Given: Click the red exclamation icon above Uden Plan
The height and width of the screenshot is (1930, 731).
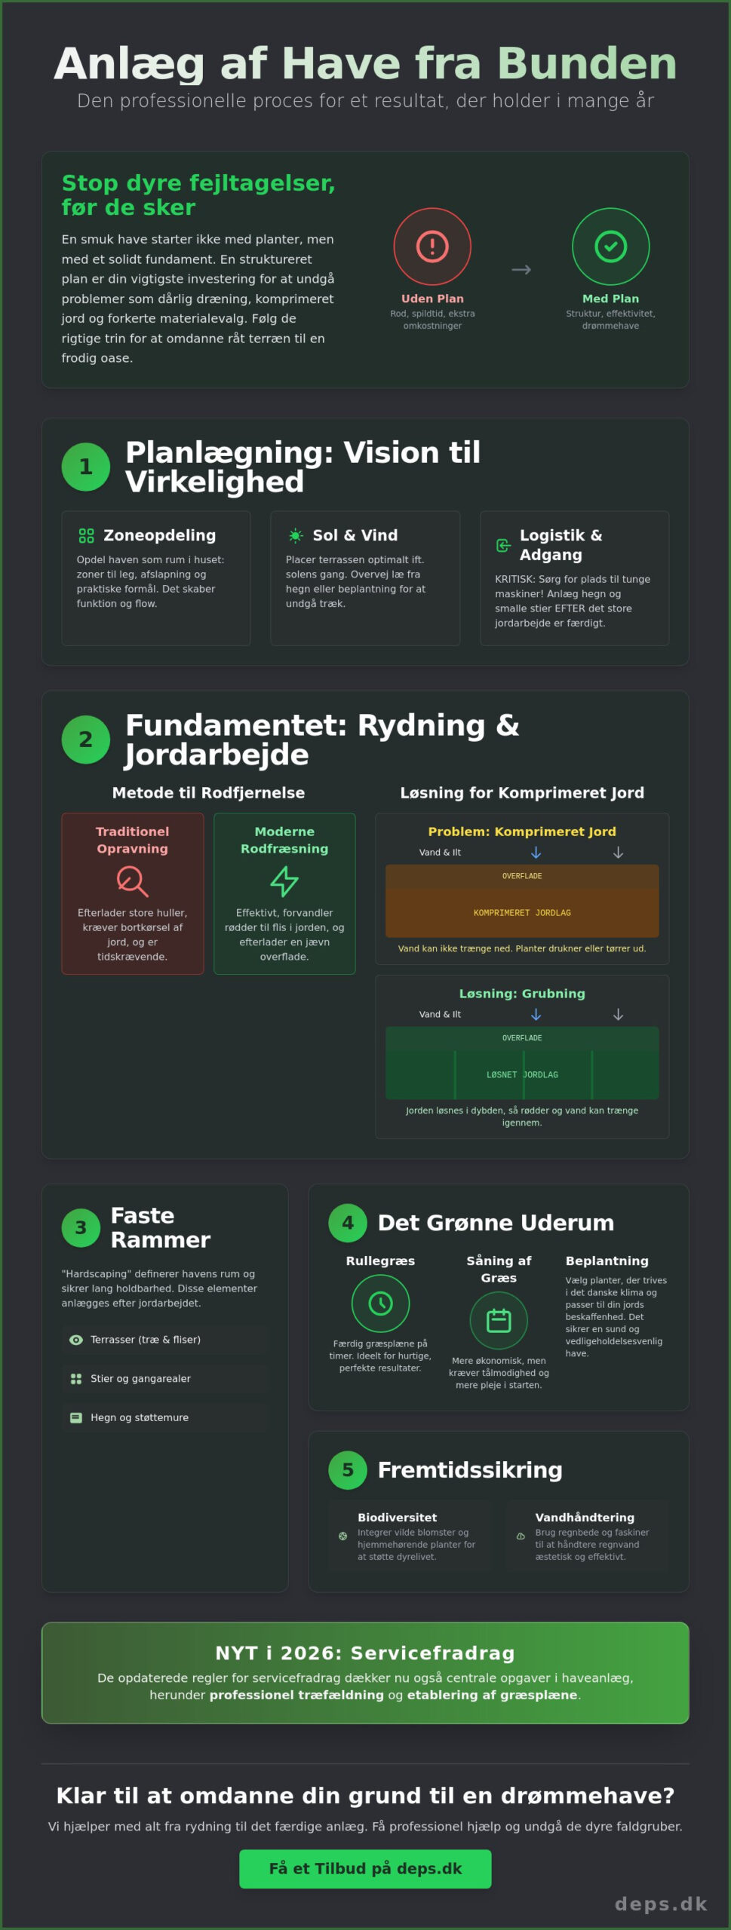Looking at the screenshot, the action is click(x=432, y=247).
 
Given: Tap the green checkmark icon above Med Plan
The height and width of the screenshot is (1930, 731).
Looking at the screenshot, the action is click(x=610, y=247).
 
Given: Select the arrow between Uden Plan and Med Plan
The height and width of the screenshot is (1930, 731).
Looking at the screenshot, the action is click(x=521, y=270).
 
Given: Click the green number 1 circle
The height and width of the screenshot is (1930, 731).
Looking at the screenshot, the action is click(x=86, y=467).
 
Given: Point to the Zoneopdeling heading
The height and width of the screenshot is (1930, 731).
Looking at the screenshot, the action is click(x=159, y=535).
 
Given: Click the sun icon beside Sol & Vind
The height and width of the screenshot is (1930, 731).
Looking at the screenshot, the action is click(x=296, y=535).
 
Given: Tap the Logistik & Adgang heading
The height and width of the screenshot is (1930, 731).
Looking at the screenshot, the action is click(x=561, y=545).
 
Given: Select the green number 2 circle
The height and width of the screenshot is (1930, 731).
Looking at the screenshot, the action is click(x=86, y=740).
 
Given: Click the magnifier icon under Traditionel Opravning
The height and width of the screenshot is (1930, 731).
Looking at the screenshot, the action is click(x=132, y=881).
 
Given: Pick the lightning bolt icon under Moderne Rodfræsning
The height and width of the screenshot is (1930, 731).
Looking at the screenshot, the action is click(x=284, y=881).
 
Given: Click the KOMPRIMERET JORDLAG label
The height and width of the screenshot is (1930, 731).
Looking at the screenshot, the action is click(x=522, y=913).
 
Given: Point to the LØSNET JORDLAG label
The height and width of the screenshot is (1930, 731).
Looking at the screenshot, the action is click(x=522, y=1075).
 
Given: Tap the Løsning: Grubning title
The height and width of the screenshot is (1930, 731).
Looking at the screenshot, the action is click(x=522, y=994).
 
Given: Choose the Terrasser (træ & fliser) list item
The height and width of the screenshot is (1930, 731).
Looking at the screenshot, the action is click(x=146, y=1340).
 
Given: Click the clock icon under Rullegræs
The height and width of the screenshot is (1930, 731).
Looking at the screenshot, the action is click(x=380, y=1303).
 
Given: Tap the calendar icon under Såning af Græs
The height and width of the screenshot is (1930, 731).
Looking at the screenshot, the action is click(x=499, y=1320).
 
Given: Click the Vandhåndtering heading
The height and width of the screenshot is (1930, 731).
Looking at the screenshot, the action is click(x=585, y=1518).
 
